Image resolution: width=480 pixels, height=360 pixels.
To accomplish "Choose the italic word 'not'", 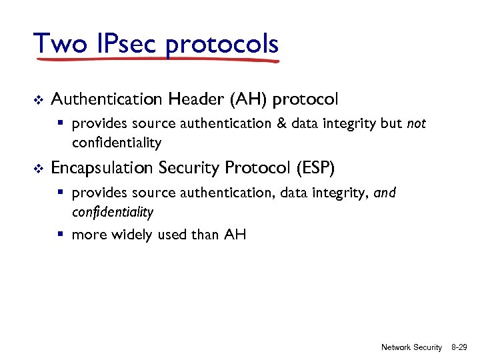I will pyautogui.click(x=416, y=124).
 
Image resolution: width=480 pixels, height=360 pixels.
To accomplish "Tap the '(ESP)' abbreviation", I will pyautogui.click(x=322, y=168).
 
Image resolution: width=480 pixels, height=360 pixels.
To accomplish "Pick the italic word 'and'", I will pyautogui.click(x=385, y=193).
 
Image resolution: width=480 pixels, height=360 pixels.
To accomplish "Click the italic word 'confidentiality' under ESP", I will pyautogui.click(x=113, y=213).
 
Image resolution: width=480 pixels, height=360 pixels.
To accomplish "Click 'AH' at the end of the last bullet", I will pyautogui.click(x=235, y=234).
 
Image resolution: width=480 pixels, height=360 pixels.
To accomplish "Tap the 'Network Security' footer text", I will pyautogui.click(x=411, y=347).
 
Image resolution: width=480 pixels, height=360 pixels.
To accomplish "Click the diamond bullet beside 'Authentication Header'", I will pyautogui.click(x=37, y=100).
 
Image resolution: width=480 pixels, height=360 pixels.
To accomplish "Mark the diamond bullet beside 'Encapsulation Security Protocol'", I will pyautogui.click(x=37, y=169).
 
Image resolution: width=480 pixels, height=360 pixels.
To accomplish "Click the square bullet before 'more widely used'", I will pyautogui.click(x=61, y=234).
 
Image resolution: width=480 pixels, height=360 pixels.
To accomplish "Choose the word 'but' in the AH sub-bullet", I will pyautogui.click(x=387, y=124).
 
